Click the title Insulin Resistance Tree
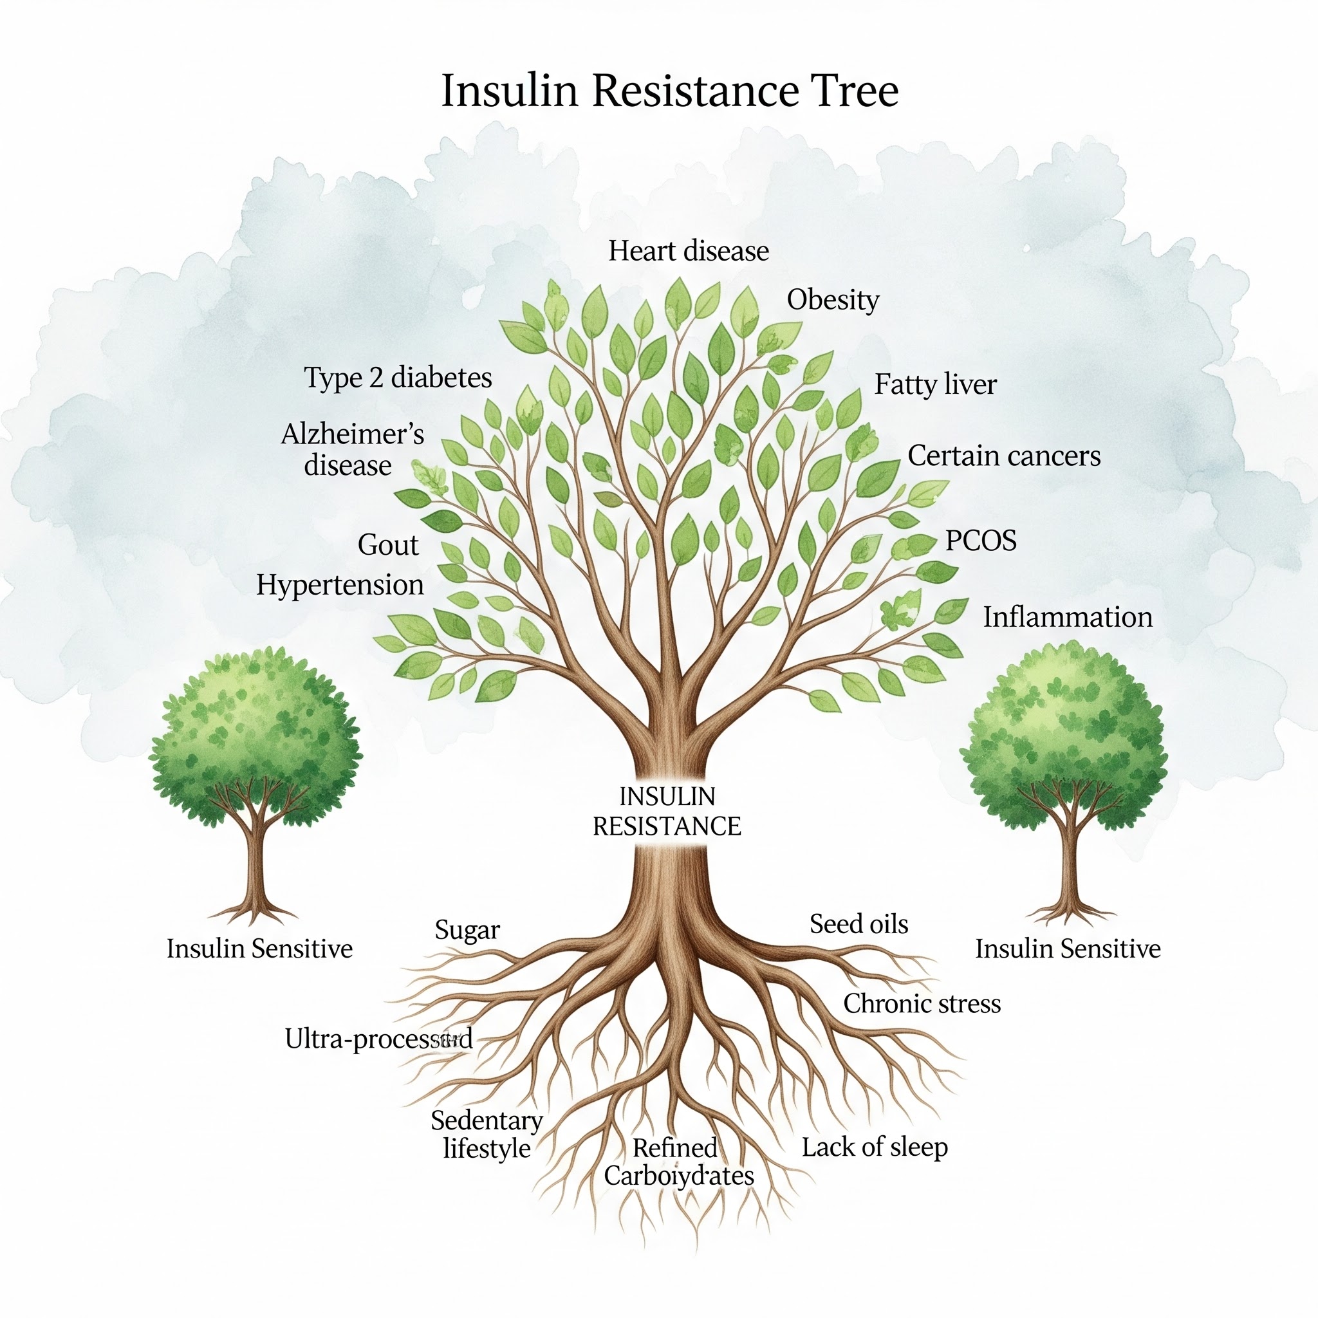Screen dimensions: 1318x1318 [x=669, y=90]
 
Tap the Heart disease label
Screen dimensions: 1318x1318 [x=689, y=251]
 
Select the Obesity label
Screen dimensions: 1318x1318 [x=832, y=300]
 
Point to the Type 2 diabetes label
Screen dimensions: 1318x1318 [x=398, y=377]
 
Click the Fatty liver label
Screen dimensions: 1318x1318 [x=934, y=385]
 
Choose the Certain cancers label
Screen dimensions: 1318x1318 [x=1003, y=456]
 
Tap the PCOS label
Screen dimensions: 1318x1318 [x=980, y=541]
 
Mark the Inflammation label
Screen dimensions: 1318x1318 [x=1067, y=617]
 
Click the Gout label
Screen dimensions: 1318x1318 [x=387, y=545]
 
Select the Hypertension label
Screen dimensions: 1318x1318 [x=340, y=586]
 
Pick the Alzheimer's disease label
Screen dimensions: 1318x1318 [x=351, y=450]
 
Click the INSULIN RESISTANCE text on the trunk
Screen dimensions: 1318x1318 [x=667, y=811]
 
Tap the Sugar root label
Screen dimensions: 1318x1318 [x=467, y=931]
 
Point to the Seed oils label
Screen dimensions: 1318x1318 [x=859, y=924]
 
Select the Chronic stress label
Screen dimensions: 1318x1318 [x=922, y=1003]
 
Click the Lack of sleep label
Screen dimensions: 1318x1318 [x=874, y=1147]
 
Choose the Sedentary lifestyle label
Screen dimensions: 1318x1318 [x=487, y=1135]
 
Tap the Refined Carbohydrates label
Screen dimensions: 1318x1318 [x=678, y=1162]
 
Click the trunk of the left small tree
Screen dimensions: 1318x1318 [x=255, y=866]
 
